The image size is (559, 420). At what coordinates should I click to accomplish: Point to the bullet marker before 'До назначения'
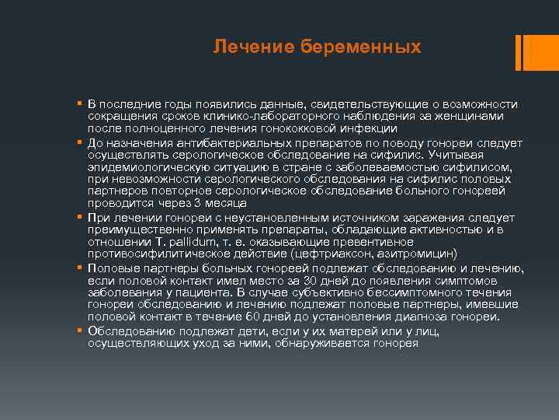click(x=80, y=143)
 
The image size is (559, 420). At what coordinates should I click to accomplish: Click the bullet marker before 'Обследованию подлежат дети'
click(x=80, y=330)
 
